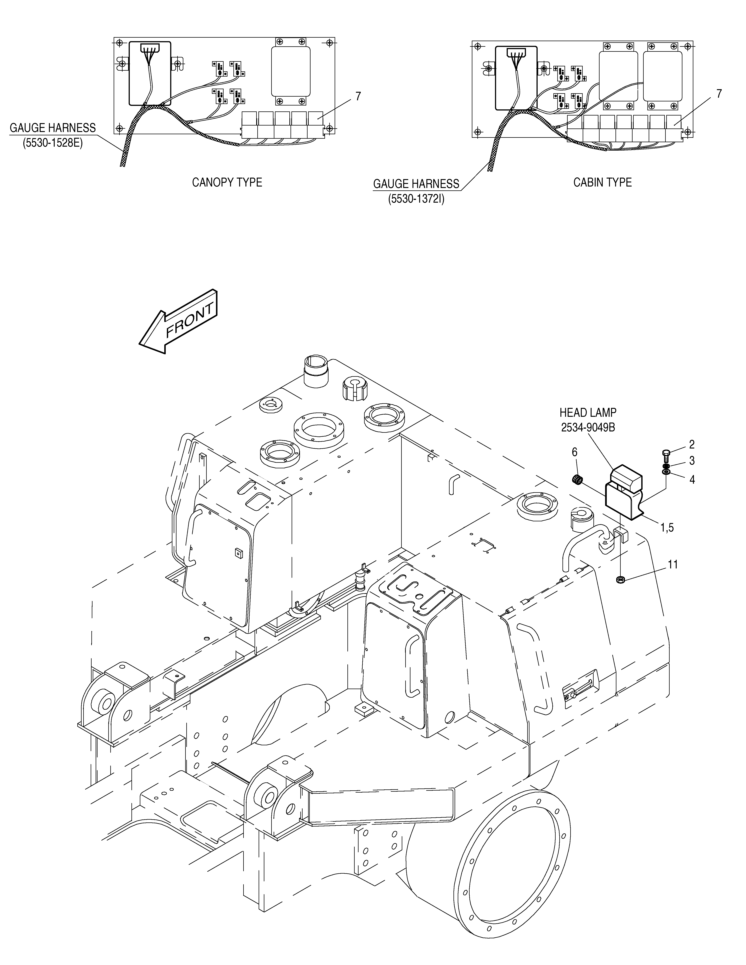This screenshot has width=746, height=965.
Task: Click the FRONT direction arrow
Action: point(179,322)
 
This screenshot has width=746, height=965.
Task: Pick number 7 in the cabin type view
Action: point(719,94)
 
